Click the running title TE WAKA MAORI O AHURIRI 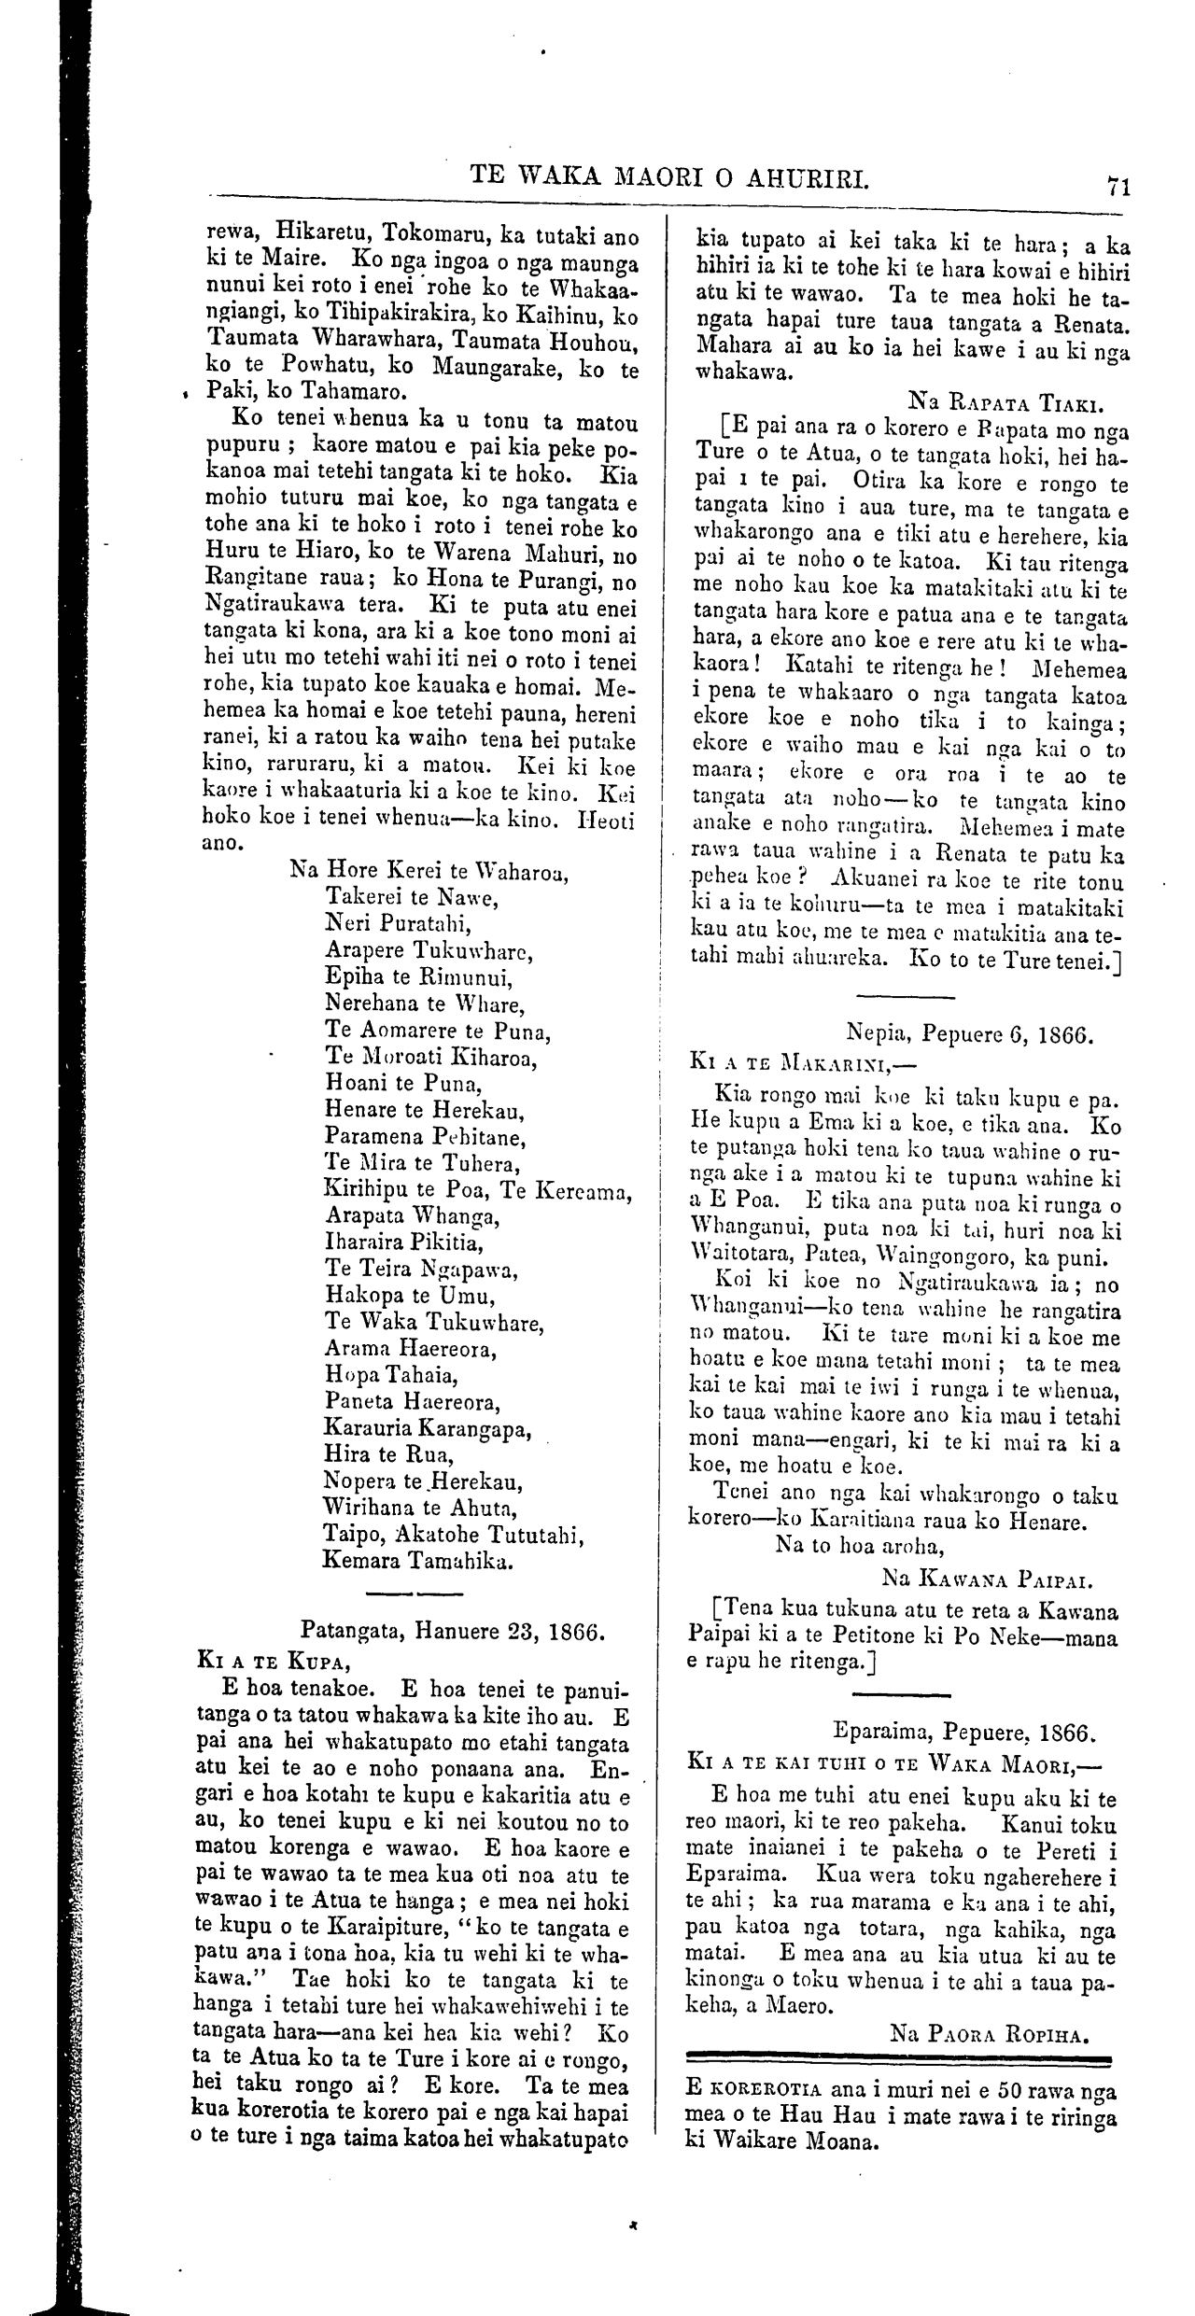tap(670, 175)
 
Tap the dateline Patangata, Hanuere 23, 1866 tap(454, 1632)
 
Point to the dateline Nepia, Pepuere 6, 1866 tap(969, 1034)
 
